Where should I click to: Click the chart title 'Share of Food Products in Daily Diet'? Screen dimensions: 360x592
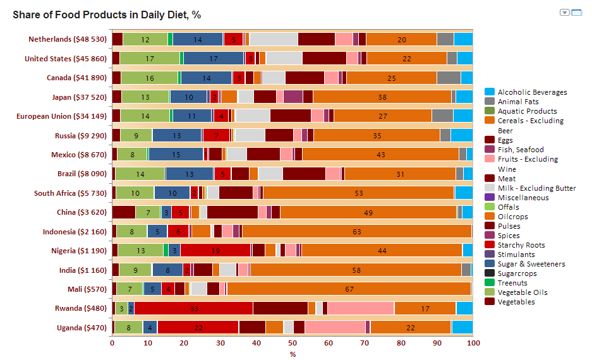pyautogui.click(x=107, y=15)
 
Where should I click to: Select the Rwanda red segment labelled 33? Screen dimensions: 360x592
pyautogui.click(x=193, y=308)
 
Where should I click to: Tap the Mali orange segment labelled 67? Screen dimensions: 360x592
pyautogui.click(x=349, y=289)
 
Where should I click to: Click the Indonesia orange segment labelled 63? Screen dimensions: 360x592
pyautogui.click(x=357, y=231)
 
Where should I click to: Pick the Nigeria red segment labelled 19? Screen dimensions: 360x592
pyautogui.click(x=215, y=250)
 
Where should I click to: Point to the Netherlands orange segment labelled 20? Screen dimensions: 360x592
pyautogui.click(x=401, y=39)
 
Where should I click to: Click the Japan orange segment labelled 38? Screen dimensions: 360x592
pyautogui.click(x=382, y=97)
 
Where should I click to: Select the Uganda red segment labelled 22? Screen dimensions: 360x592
pyautogui.click(x=198, y=327)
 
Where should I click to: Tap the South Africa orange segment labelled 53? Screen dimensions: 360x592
pyautogui.click(x=358, y=193)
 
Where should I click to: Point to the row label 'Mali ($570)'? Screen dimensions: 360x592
pyautogui.click(x=87, y=289)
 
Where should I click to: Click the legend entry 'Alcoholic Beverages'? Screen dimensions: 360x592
pyautogui.click(x=532, y=92)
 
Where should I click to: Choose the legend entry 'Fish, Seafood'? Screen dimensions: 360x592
pyautogui.click(x=520, y=150)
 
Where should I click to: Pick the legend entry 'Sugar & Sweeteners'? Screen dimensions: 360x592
pyautogui.click(x=531, y=264)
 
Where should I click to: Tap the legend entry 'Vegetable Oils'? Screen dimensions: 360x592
pyautogui.click(x=523, y=292)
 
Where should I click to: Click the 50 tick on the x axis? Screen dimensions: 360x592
pyautogui.click(x=293, y=342)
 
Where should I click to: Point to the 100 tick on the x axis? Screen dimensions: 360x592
pyautogui.click(x=473, y=342)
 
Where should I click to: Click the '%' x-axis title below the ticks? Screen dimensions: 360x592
pyautogui.click(x=293, y=354)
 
